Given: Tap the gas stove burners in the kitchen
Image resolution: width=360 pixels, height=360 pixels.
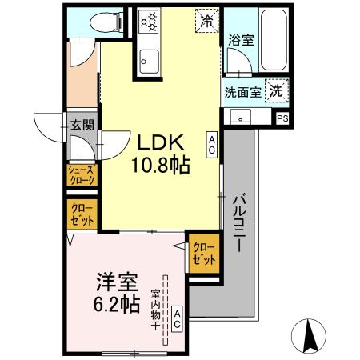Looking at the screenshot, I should (150, 21).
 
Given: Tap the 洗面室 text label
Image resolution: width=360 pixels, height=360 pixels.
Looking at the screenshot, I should (242, 92).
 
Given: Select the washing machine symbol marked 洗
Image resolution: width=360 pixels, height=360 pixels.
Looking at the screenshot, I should (276, 90).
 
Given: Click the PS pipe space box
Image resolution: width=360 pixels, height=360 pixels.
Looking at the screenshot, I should (282, 118).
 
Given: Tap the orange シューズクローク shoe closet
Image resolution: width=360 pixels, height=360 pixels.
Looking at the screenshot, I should (81, 175).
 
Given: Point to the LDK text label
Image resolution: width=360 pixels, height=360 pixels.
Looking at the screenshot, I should (163, 144).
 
